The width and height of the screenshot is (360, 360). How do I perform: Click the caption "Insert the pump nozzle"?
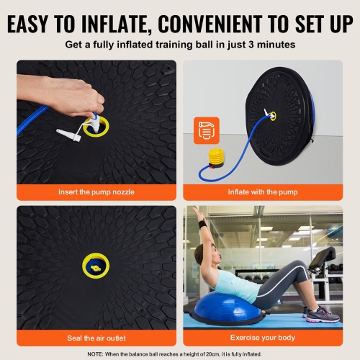click(x=96, y=192)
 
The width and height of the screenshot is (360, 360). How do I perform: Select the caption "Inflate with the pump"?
click(x=262, y=192)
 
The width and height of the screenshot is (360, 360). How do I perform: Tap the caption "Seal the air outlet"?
click(x=96, y=337)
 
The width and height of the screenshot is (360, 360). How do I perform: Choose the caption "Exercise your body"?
click(x=262, y=337)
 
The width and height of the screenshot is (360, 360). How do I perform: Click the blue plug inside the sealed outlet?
click(x=96, y=268)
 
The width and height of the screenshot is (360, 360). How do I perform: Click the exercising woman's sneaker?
click(x=322, y=315)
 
